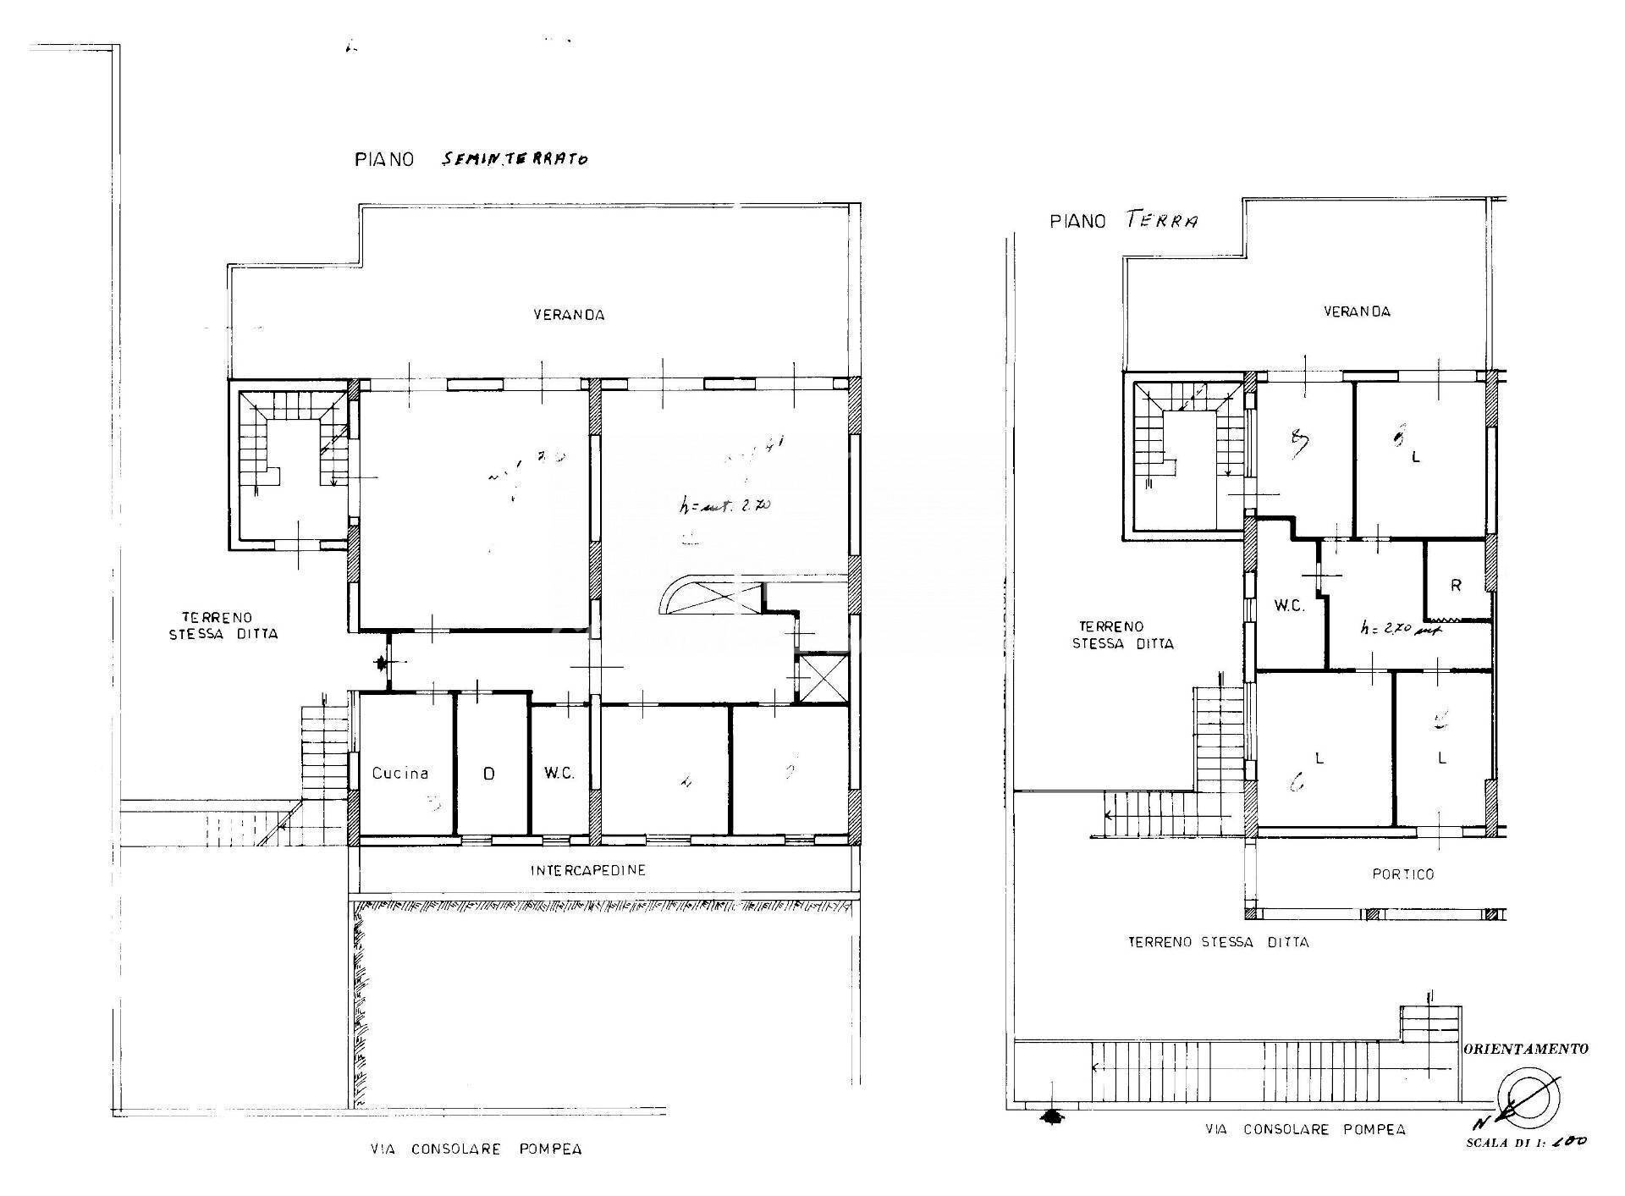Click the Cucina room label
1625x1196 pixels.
[400, 773]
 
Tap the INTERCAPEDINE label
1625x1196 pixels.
[588, 870]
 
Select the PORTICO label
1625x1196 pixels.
[1403, 874]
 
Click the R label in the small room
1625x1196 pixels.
[1456, 585]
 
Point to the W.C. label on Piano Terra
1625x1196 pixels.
[1289, 606]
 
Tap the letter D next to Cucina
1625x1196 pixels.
[488, 773]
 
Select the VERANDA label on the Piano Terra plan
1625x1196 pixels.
[1357, 311]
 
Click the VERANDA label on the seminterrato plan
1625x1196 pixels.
[569, 315]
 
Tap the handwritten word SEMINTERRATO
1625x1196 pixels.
[515, 158]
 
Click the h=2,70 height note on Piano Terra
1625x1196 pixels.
[1399, 629]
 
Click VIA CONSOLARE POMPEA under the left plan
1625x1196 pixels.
[476, 1149]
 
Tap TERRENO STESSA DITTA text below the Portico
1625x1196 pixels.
[1218, 941]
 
